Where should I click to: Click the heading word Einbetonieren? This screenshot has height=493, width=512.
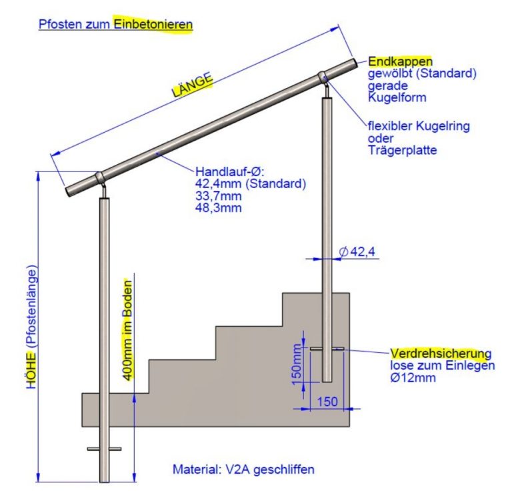[x=153, y=24]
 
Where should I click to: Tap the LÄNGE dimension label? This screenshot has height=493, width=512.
[x=192, y=85]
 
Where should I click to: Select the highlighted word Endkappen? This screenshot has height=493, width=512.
[x=400, y=61]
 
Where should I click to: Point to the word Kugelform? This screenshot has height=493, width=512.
[x=397, y=97]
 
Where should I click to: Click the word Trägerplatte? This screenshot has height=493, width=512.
[x=403, y=150]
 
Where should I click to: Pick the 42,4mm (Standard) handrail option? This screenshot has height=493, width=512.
[x=251, y=183]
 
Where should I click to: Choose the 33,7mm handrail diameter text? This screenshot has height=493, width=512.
[x=219, y=195]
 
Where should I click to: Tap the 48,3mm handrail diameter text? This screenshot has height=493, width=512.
[x=219, y=207]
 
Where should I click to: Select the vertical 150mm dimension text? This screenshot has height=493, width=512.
[x=297, y=364]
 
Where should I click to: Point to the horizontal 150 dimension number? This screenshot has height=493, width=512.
[x=327, y=401]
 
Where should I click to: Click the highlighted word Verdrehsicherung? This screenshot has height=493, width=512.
[x=441, y=354]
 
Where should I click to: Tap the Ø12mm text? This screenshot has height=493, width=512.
[x=413, y=378]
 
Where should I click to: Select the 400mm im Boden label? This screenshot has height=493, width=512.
[x=128, y=330]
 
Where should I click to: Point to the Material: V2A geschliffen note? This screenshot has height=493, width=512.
[x=243, y=469]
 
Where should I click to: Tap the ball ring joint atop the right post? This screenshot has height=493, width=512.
[x=323, y=77]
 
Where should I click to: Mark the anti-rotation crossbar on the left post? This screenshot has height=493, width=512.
[x=104, y=449]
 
